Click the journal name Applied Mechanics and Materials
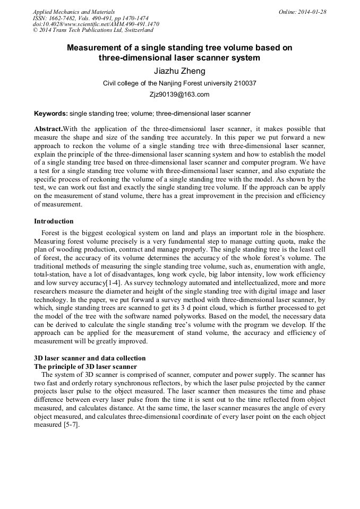[x=74, y=12]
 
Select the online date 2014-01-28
[x=313, y=12]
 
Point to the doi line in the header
[x=96, y=24]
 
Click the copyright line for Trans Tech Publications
[x=93, y=31]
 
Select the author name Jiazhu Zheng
[x=179, y=71]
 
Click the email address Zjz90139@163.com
[x=179, y=95]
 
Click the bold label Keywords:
[x=51, y=114]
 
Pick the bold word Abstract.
[x=48, y=129]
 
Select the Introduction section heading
[x=54, y=221]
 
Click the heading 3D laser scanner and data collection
[x=90, y=358]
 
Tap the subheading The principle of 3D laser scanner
[x=85, y=367]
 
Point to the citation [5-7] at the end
[x=71, y=426]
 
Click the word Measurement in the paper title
[x=97, y=48]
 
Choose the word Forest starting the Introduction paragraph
[x=52, y=232]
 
